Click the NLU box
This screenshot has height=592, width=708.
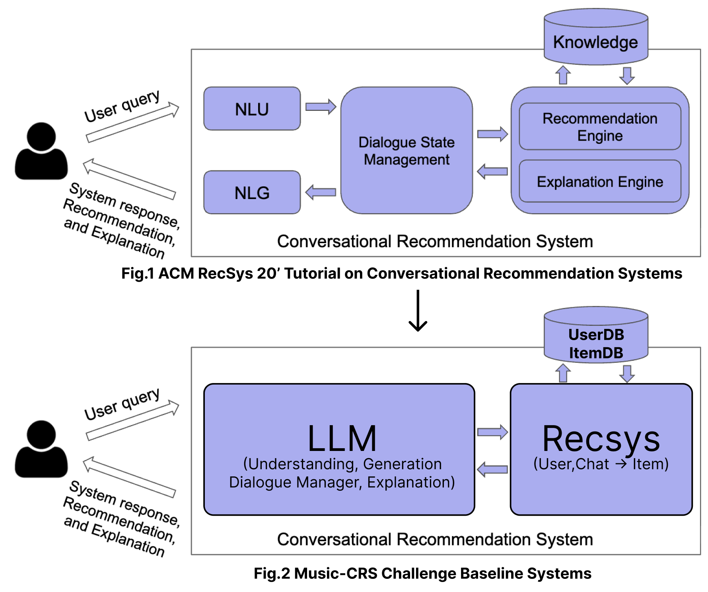[x=252, y=109]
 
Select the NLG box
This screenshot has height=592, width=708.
[x=252, y=193]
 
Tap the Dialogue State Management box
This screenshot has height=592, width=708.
[x=407, y=151]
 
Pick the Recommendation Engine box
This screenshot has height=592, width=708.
[x=600, y=127]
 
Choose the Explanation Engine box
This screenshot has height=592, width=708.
[x=600, y=182]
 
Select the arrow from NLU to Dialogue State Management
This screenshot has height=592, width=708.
[x=321, y=106]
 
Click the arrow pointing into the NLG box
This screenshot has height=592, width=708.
[x=321, y=192]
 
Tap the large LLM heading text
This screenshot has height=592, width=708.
[x=342, y=439]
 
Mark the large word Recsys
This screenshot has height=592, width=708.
[x=601, y=439]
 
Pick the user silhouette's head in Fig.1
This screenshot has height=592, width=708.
[x=41, y=136]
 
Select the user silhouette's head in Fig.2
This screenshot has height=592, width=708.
[x=41, y=434]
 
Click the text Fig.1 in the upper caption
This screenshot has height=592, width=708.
[x=138, y=274]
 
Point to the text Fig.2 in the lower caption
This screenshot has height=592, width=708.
[x=272, y=574]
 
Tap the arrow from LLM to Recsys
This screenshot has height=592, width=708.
[x=492, y=432]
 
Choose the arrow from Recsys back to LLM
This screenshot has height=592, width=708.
[x=492, y=469]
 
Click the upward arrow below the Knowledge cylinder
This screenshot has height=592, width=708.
[x=563, y=75]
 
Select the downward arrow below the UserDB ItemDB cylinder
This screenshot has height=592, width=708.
[x=627, y=373]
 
